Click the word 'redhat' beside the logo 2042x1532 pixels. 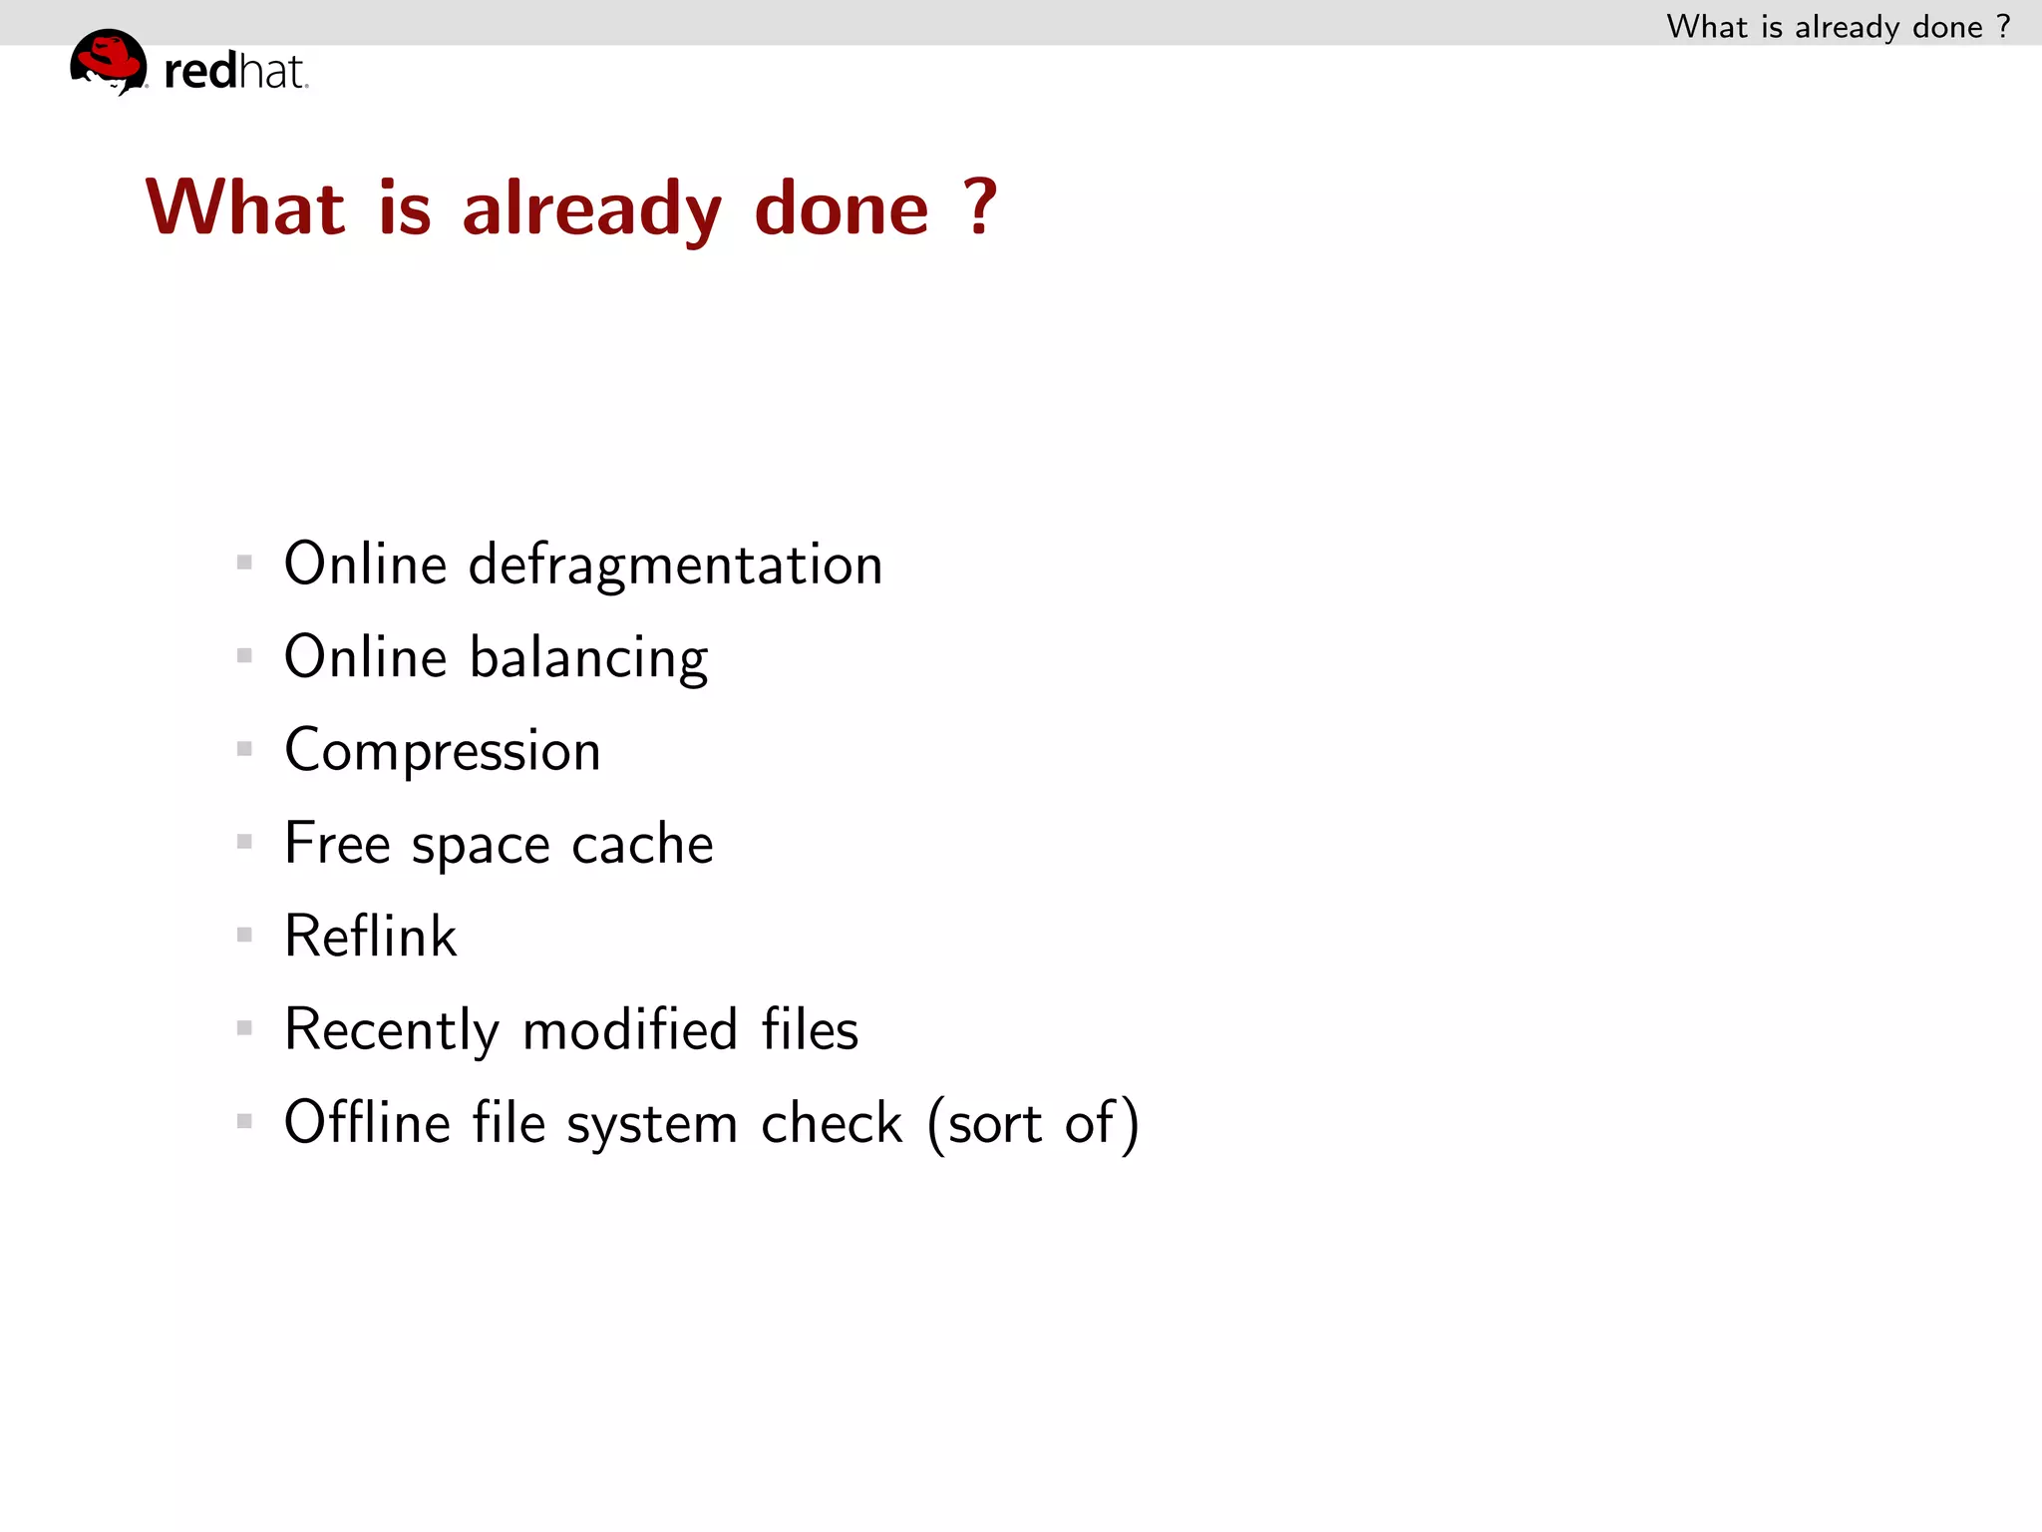235,72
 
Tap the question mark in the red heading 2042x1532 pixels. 980,206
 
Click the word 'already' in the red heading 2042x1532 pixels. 591,208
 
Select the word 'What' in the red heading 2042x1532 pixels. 245,206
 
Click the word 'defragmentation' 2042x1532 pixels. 675,565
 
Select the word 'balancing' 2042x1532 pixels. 588,658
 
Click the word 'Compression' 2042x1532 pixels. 443,751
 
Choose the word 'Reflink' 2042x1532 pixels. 370,937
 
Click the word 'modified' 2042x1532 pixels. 630,1029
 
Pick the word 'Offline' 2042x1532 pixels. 367,1123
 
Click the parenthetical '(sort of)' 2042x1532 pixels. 1033,1124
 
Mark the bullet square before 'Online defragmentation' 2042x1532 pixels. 244,563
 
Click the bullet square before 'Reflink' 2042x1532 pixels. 244,935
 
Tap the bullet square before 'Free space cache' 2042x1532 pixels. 244,842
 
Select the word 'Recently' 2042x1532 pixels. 391,1030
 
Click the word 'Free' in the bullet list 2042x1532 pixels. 336,844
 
